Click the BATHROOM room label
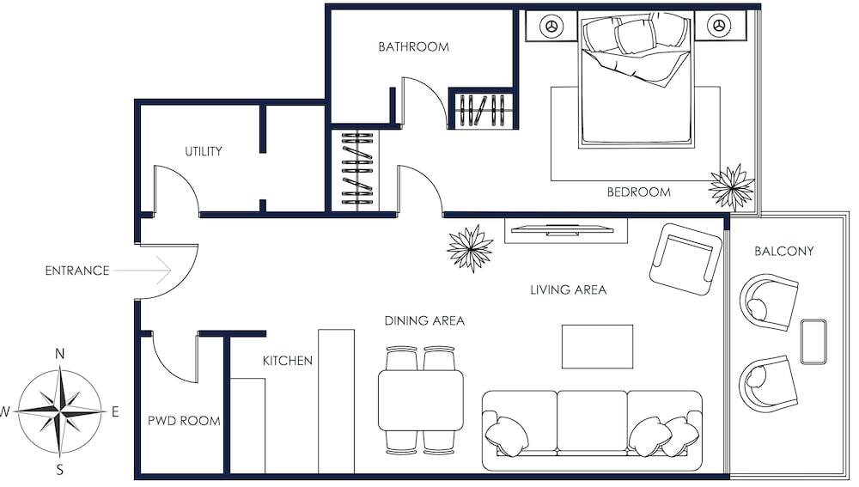point(414,46)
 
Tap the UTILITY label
point(204,151)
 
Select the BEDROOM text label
point(638,192)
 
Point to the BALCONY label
point(784,252)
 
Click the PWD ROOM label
point(184,421)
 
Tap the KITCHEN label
point(288,361)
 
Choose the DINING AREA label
point(424,321)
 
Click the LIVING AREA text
point(568,289)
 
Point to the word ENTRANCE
point(77,271)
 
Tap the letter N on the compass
point(60,354)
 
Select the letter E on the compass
point(115,411)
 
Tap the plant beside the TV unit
point(470,248)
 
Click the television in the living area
point(566,229)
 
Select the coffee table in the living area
point(597,347)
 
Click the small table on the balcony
point(813,342)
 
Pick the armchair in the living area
point(685,259)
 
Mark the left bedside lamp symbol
point(551,26)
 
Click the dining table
point(421,400)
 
